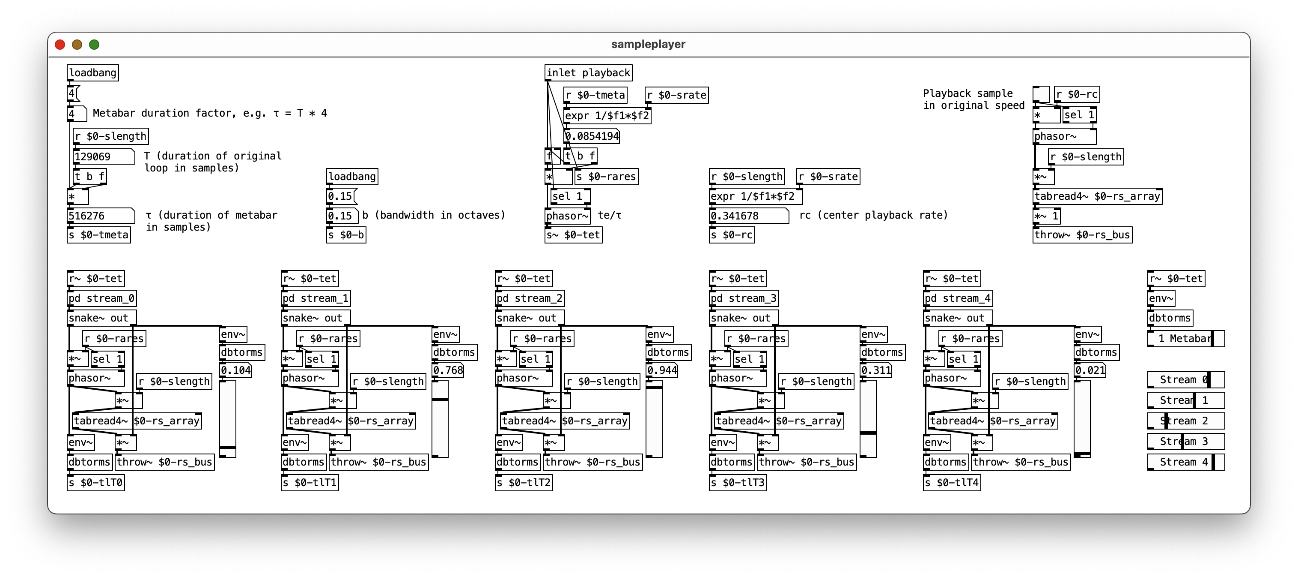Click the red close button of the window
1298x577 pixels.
60,45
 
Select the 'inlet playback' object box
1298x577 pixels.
588,72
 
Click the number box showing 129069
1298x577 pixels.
103,156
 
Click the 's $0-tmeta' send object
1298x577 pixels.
99,235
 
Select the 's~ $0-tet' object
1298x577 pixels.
573,235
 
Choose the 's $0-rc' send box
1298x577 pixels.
732,235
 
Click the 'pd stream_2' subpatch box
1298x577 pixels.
530,298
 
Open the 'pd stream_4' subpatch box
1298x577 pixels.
957,298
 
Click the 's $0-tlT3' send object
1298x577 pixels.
738,483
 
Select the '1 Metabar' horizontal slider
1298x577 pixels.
1186,338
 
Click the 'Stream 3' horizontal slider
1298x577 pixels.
1186,442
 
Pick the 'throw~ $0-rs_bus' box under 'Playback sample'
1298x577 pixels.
1082,235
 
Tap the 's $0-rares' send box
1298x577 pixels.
606,177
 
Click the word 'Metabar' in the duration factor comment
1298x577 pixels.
114,113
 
